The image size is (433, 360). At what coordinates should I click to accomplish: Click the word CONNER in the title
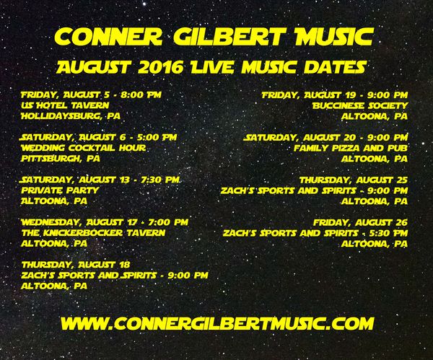pyautogui.click(x=108, y=37)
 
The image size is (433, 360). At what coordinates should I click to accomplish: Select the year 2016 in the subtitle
pyautogui.click(x=160, y=67)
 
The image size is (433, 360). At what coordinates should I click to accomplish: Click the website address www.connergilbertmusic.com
pyautogui.click(x=217, y=323)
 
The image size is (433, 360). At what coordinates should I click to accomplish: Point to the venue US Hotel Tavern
pyautogui.click(x=65, y=105)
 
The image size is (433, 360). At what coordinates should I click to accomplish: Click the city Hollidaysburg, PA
pyautogui.click(x=71, y=116)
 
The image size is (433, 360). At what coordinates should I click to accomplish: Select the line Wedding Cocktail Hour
pyautogui.click(x=84, y=148)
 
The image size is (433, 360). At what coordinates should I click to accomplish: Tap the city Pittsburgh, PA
pyautogui.click(x=61, y=159)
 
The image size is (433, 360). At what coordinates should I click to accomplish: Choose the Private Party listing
pyautogui.click(x=60, y=190)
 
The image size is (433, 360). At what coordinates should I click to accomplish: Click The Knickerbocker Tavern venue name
pyautogui.click(x=93, y=233)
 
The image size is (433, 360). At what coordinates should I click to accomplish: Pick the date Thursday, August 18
pyautogui.click(x=76, y=265)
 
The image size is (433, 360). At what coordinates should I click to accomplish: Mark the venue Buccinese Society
pyautogui.click(x=360, y=105)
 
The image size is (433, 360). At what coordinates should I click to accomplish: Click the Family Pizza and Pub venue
pyautogui.click(x=351, y=148)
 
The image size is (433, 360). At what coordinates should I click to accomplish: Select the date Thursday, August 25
pyautogui.click(x=354, y=180)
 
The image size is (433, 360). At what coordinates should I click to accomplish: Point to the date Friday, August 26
pyautogui.click(x=360, y=222)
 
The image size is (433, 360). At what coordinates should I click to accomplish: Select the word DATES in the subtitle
pyautogui.click(x=336, y=67)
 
